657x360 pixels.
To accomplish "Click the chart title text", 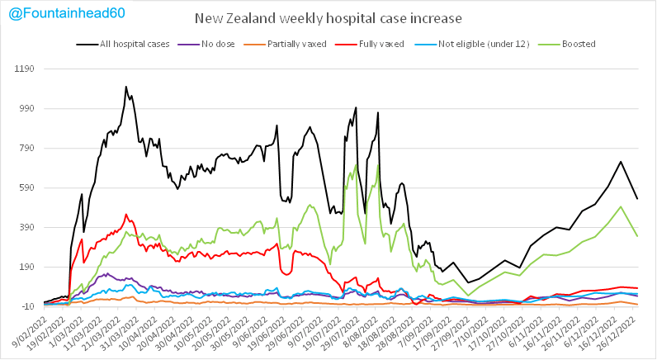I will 328,19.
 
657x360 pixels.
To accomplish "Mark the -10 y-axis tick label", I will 30,306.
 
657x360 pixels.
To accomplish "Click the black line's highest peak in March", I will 126,86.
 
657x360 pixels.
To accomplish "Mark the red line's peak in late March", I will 126,215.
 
